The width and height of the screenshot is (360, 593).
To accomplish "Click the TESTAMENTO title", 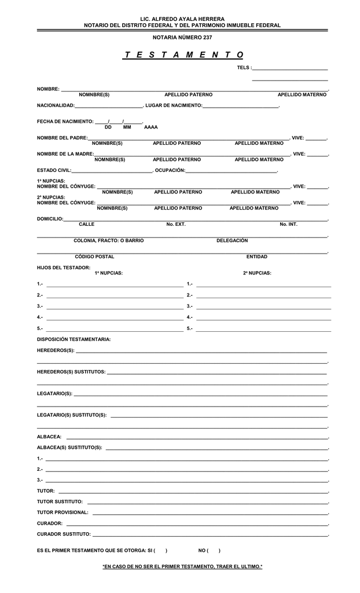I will pos(183,54).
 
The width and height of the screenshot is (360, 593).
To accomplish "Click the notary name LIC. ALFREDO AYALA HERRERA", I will pos(182,19).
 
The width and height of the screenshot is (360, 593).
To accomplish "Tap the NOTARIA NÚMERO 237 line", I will pos(182,37).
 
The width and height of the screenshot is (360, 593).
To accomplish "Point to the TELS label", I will pos(244,68).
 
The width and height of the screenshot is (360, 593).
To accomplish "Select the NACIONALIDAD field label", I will pos(56,105).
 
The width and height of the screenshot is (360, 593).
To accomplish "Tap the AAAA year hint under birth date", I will pos(150,127).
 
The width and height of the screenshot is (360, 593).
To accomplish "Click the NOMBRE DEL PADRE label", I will pos(63,138).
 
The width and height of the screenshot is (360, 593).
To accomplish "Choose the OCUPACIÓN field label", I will pos(170,170).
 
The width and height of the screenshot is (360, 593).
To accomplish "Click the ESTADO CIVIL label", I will pos(54,170).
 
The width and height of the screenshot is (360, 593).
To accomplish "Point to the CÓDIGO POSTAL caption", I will pos(94,257).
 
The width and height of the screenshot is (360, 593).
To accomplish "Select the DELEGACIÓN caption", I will pos(232,240).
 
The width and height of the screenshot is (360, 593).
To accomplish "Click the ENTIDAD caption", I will pos(256,257).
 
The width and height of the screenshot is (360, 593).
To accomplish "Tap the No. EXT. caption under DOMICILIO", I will pos(176,224).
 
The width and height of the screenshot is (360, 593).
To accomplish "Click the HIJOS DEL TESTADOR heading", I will pos(64,268).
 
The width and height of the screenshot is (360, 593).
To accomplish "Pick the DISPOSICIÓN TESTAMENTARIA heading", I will pos(74,339).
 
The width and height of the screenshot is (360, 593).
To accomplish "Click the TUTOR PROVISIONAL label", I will pos(63,513).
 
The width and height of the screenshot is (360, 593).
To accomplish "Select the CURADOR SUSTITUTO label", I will pos(64,533).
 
